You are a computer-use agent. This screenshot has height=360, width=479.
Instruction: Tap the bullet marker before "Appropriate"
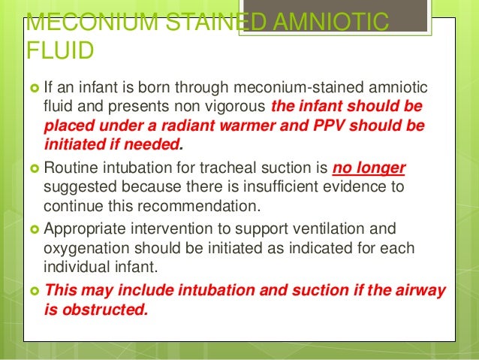35,228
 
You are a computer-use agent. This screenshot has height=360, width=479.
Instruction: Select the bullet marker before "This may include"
35,289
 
